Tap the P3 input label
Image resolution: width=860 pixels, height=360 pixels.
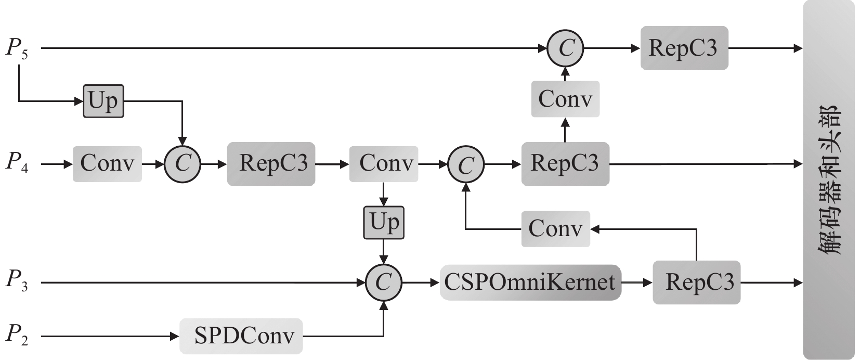coord(17,282)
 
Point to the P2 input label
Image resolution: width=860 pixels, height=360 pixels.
coord(17,336)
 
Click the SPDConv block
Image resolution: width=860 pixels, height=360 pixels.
coord(241,336)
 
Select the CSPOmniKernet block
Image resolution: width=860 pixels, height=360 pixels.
coord(530,282)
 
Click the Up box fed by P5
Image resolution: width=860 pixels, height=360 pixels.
coord(103,100)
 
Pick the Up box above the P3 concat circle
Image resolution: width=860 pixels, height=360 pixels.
coord(384,222)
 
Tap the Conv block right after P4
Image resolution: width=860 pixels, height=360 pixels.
coord(107,164)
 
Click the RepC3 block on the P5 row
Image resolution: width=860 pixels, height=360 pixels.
coord(684,48)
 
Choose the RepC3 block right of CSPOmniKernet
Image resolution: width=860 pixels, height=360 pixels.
coord(696,282)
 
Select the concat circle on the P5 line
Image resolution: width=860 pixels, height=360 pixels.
coord(565,48)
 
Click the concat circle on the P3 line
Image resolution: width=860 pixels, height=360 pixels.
coord(384,282)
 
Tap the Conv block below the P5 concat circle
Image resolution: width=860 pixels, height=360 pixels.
coord(565,99)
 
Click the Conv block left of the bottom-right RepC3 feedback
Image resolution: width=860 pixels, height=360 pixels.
coord(555,229)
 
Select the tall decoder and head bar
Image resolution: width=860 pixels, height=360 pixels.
coord(828,179)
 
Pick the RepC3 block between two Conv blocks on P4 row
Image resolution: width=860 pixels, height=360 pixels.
coord(271,164)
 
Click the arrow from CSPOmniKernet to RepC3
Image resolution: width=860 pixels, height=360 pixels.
coord(636,282)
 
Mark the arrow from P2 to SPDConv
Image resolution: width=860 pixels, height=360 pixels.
coord(109,336)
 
